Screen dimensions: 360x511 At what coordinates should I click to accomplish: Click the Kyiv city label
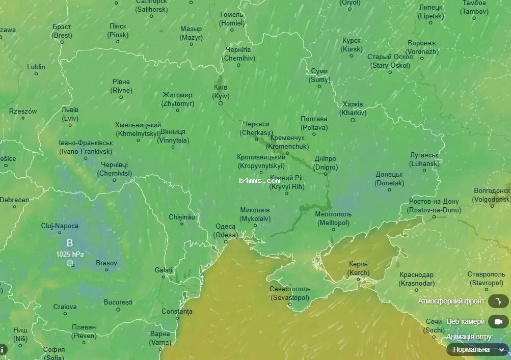(x=221, y=92)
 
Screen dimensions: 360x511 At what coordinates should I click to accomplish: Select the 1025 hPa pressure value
(x=70, y=254)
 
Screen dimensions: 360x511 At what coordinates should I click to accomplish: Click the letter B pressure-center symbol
(x=70, y=243)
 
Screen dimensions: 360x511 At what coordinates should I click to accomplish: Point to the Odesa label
(x=225, y=231)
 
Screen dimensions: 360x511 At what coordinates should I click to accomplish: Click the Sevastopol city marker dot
(x=289, y=305)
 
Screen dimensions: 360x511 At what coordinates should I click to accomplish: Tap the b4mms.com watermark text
(x=259, y=180)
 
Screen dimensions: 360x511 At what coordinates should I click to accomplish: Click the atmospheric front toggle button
(x=498, y=301)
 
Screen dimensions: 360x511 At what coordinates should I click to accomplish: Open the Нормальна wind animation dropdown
(x=477, y=349)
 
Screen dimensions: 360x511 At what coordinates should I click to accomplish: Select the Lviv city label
(x=70, y=114)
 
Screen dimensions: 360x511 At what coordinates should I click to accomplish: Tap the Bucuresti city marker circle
(x=118, y=310)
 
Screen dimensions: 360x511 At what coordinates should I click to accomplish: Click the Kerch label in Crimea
(x=358, y=268)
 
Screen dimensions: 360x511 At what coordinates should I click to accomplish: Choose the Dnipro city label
(x=325, y=163)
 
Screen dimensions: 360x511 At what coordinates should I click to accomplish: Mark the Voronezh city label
(x=422, y=47)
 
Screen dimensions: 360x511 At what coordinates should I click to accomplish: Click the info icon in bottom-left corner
(x=3, y=350)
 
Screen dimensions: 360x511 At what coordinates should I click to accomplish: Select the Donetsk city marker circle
(x=389, y=190)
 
